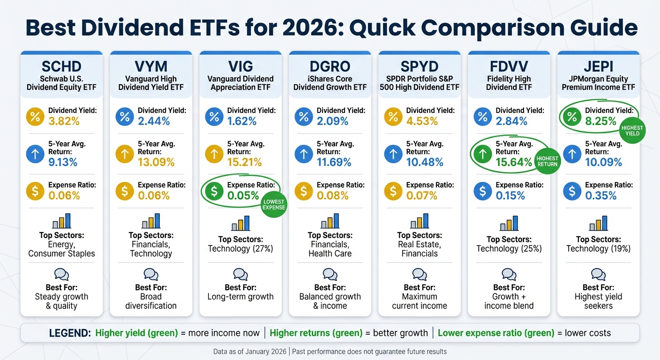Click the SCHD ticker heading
click(x=61, y=66)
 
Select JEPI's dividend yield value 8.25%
click(x=600, y=121)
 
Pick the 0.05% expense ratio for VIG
click(x=243, y=195)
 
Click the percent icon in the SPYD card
click(x=393, y=117)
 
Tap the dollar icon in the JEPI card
click(x=572, y=191)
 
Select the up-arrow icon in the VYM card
click(x=125, y=154)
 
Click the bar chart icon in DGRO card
click(x=330, y=221)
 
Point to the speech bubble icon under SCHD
click(x=61, y=274)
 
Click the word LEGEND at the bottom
click(x=70, y=333)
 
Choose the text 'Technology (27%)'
click(x=240, y=248)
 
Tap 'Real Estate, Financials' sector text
click(x=420, y=249)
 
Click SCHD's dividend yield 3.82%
click(x=64, y=121)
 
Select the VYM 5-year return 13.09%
click(x=156, y=162)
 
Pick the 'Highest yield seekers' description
click(x=598, y=301)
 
